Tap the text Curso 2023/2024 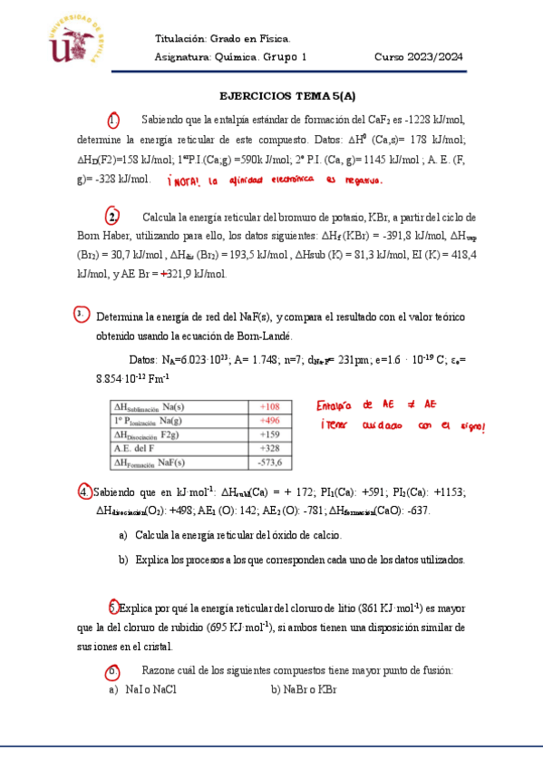click(x=419, y=56)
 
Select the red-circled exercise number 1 click(x=113, y=121)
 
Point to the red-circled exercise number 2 click(x=113, y=217)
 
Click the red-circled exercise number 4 click(x=84, y=492)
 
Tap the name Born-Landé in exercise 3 click(x=264, y=336)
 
